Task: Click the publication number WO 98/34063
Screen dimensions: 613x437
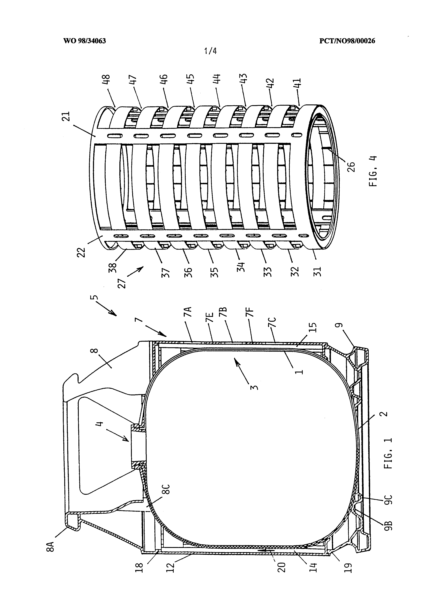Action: (85, 41)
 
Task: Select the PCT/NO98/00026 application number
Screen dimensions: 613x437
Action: (347, 41)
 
